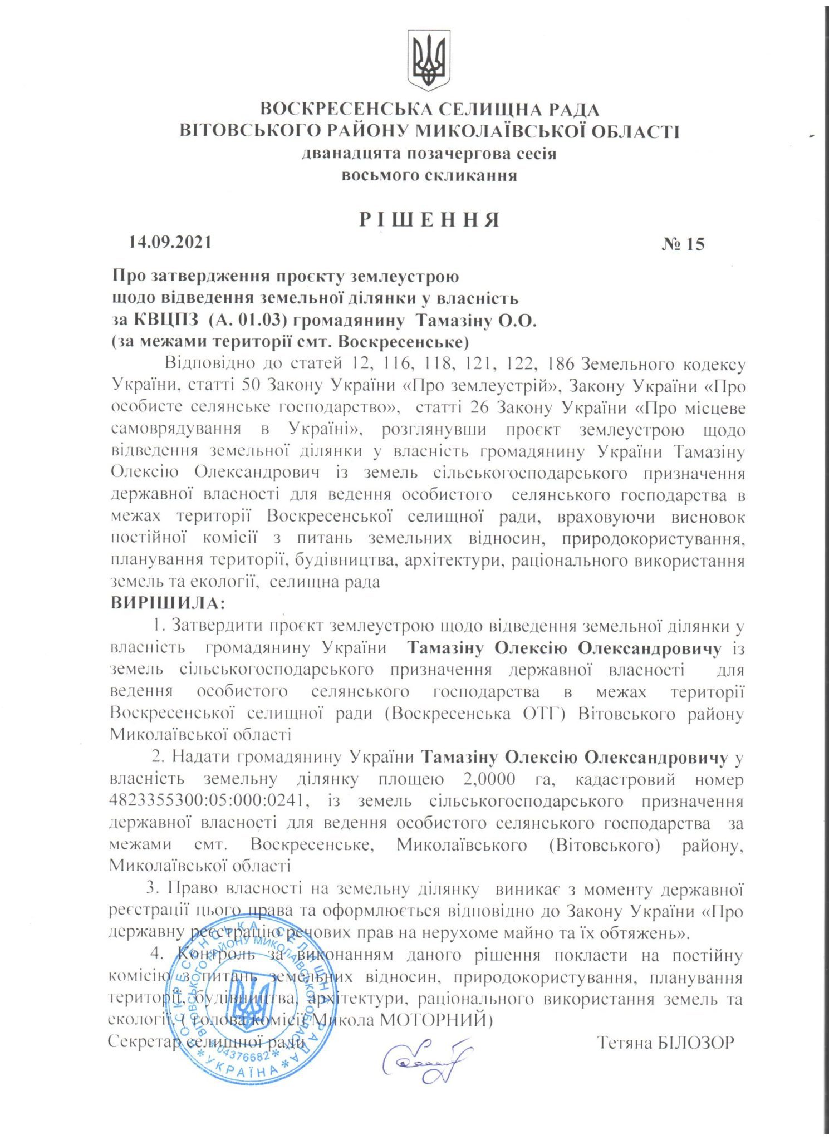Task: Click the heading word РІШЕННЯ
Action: (429, 220)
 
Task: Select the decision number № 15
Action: (683, 244)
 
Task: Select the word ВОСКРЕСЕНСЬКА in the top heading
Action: (340, 110)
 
